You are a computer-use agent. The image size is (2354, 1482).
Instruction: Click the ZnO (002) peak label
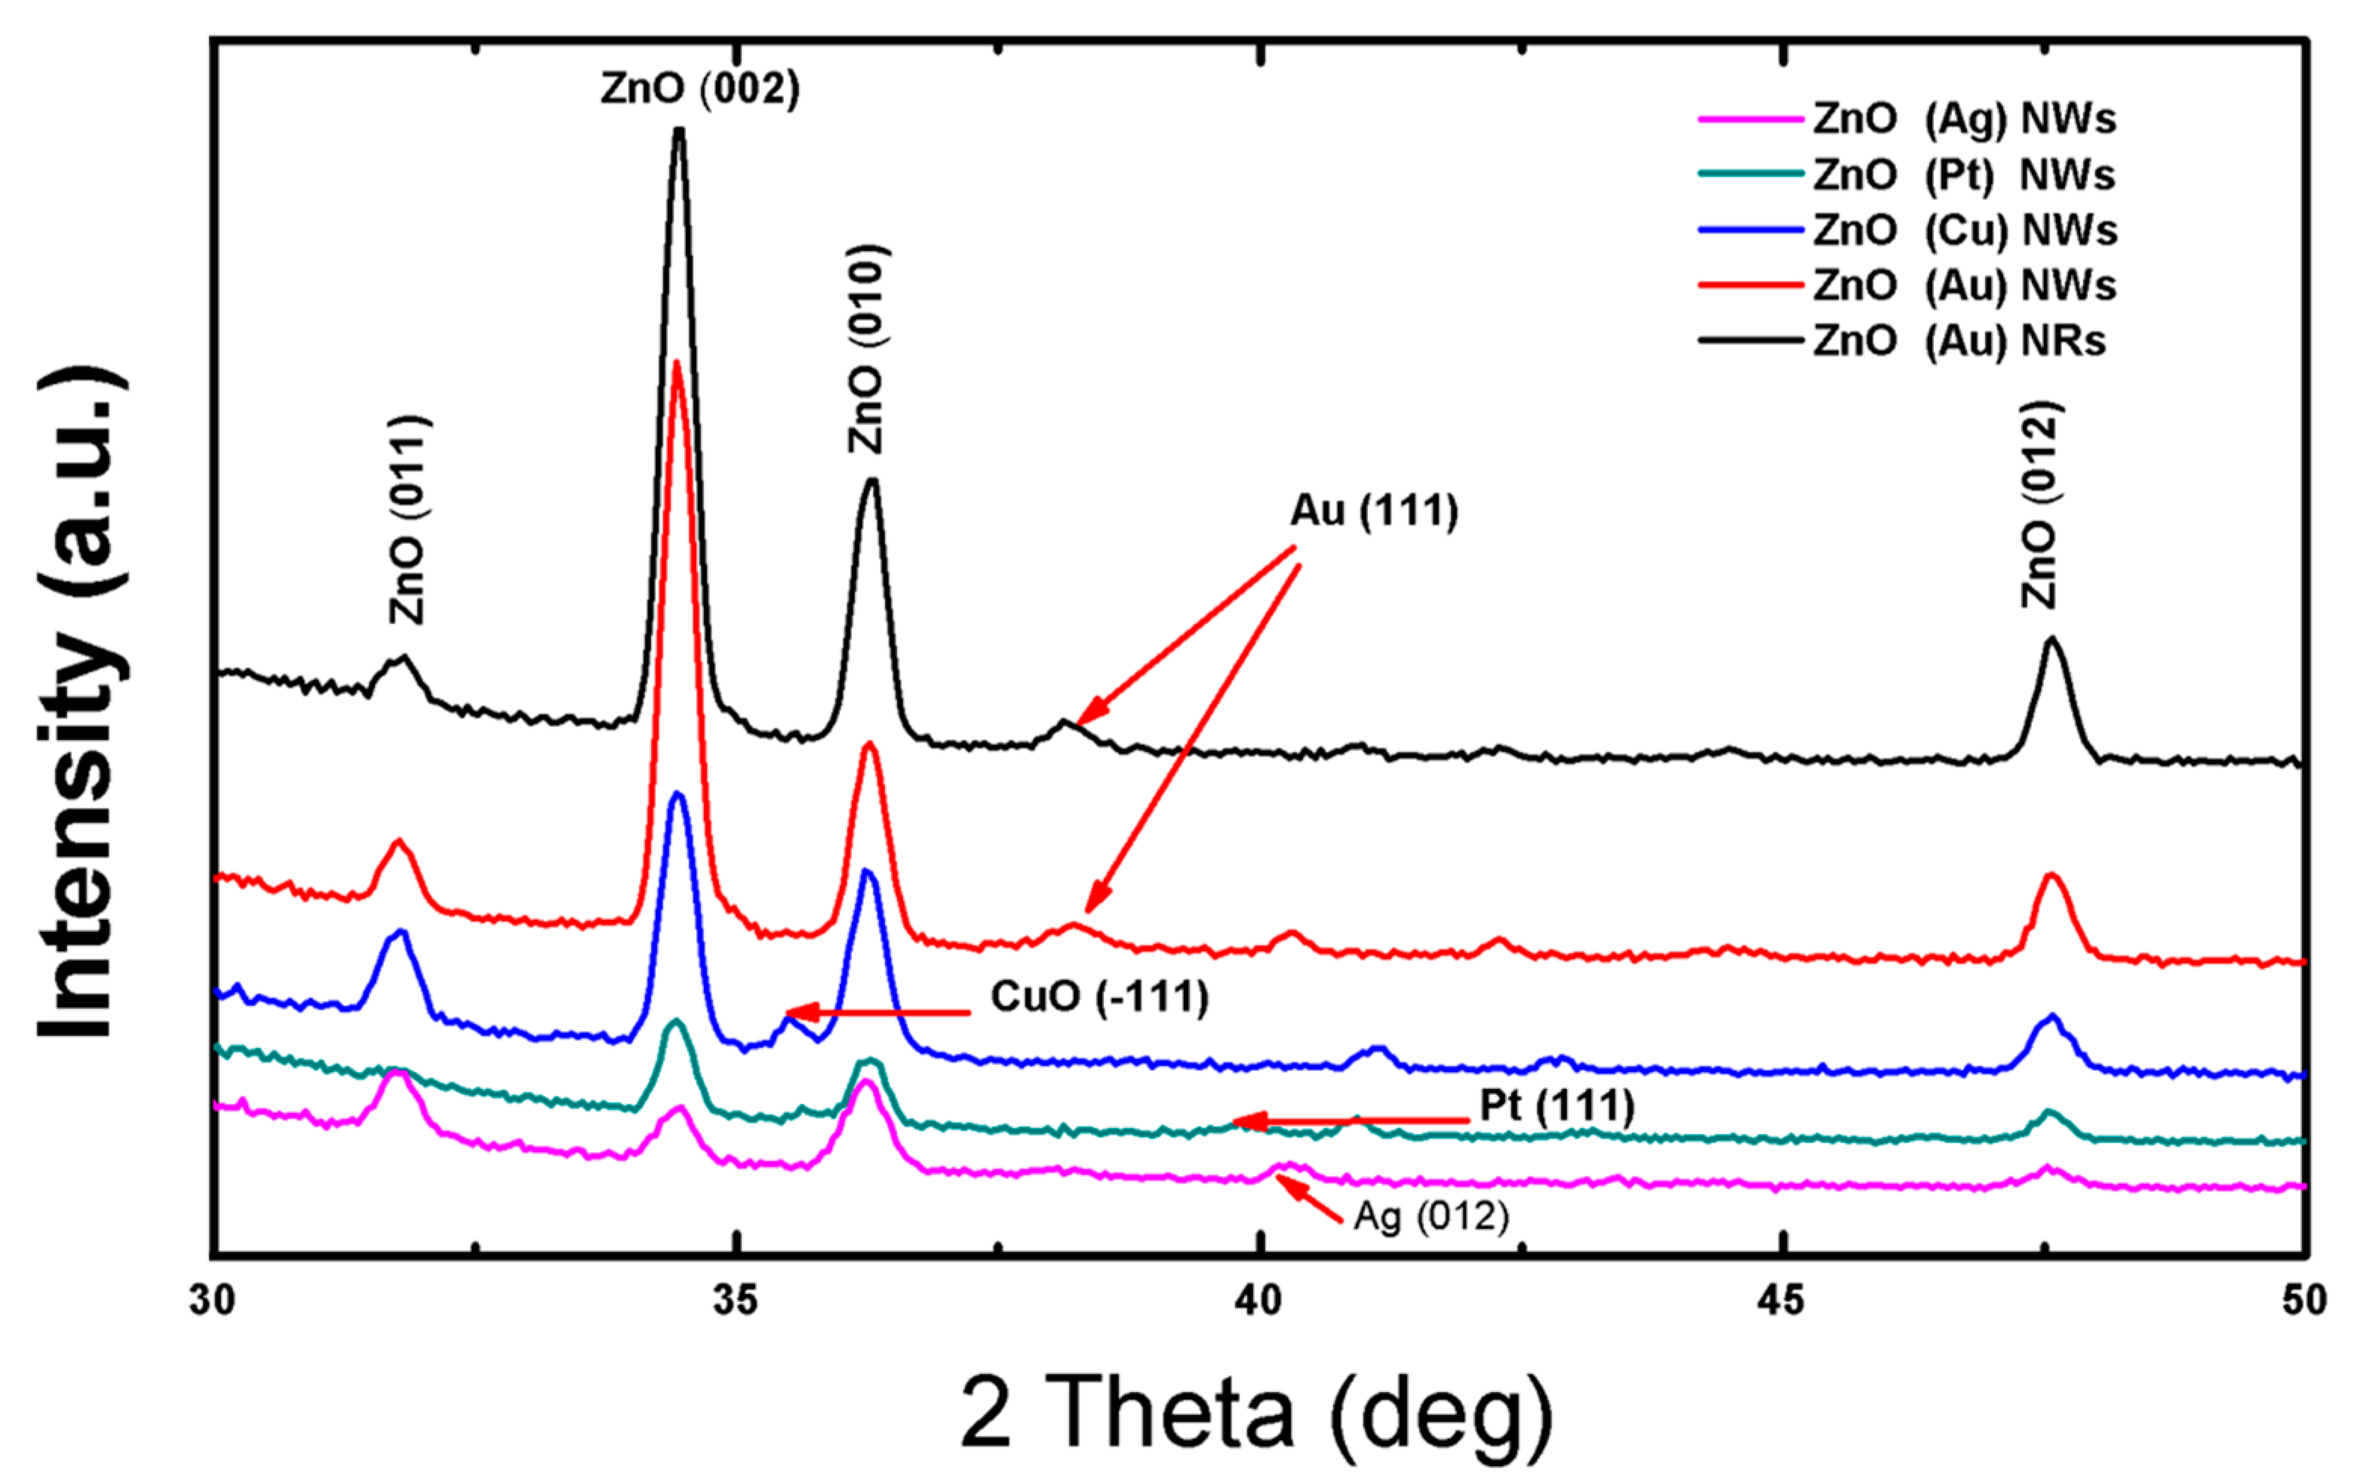point(700,90)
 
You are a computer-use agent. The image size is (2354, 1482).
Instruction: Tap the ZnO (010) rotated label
point(867,349)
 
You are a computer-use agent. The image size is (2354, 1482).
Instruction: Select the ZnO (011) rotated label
point(409,520)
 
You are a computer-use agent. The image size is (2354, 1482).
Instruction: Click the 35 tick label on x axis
point(735,1301)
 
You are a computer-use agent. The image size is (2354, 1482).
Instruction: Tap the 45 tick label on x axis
point(1781,1301)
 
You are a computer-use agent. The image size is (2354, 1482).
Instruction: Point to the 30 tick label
point(213,1301)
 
